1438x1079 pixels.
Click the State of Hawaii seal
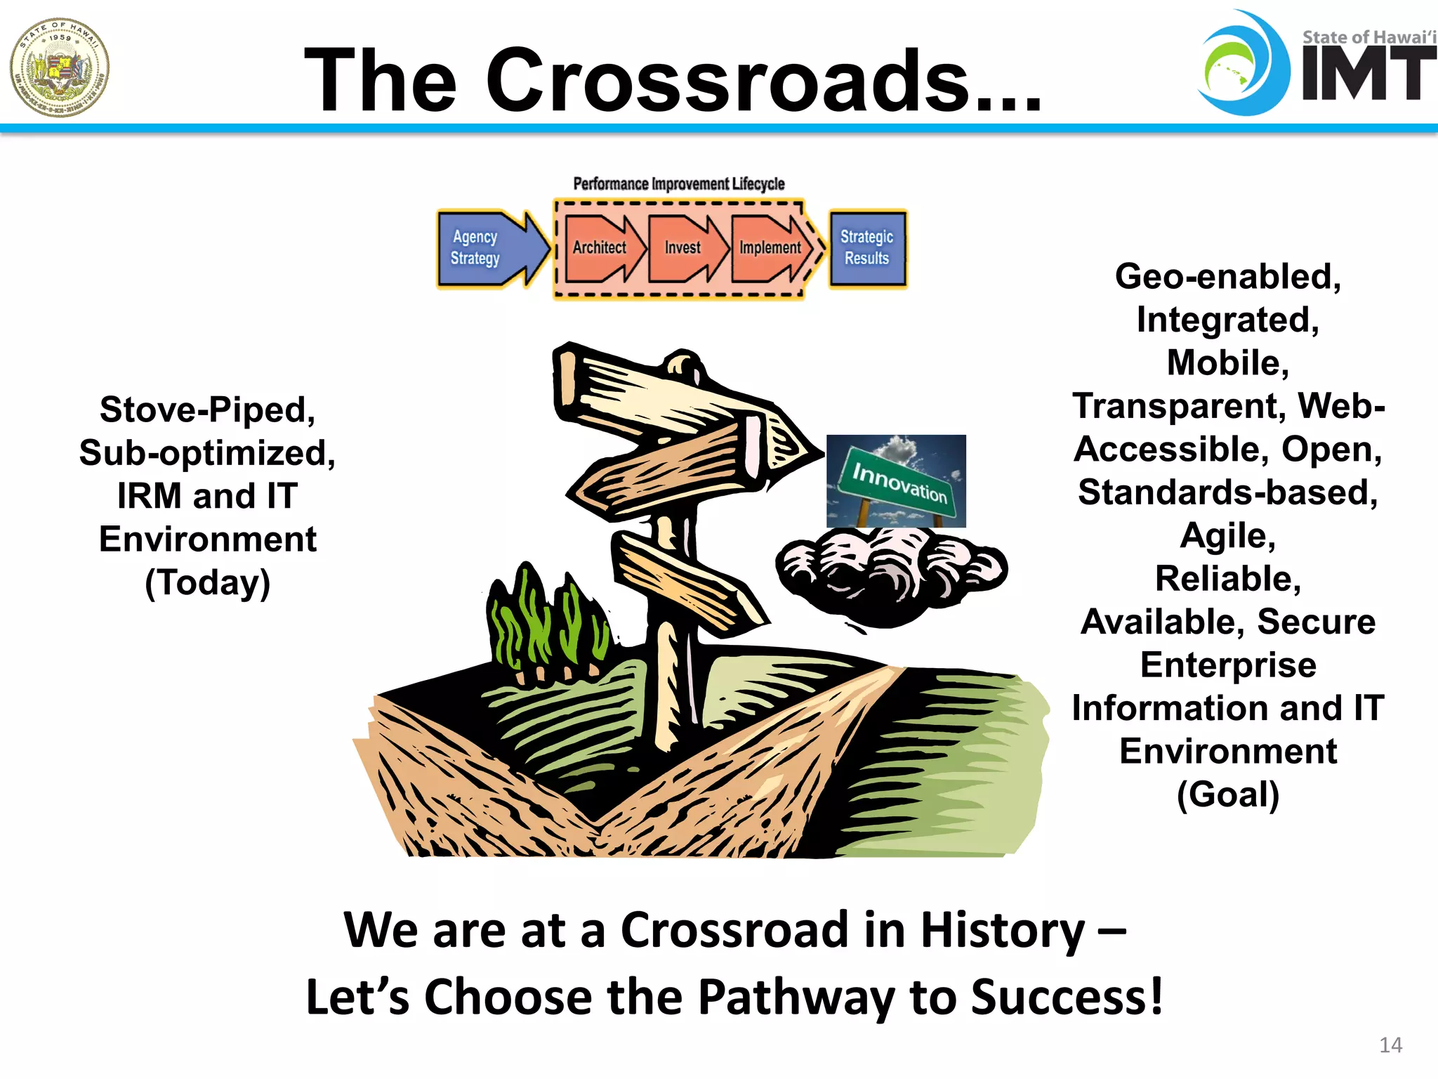[x=60, y=67]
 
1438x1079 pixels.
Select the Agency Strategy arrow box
[x=484, y=248]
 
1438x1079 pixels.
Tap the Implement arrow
[x=770, y=248]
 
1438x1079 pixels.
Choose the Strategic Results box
[x=867, y=248]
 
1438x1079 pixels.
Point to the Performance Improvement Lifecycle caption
[x=678, y=184]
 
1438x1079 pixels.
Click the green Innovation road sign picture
[x=896, y=481]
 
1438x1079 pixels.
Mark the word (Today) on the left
[x=208, y=582]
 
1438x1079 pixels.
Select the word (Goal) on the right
[x=1228, y=794]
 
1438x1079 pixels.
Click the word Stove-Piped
[x=208, y=410]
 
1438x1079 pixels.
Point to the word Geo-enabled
[x=1228, y=277]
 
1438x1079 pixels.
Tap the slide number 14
[x=1390, y=1045]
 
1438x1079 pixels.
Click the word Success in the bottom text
[x=1067, y=998]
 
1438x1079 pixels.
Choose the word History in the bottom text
[x=1003, y=930]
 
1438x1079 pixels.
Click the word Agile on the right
[x=1228, y=536]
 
